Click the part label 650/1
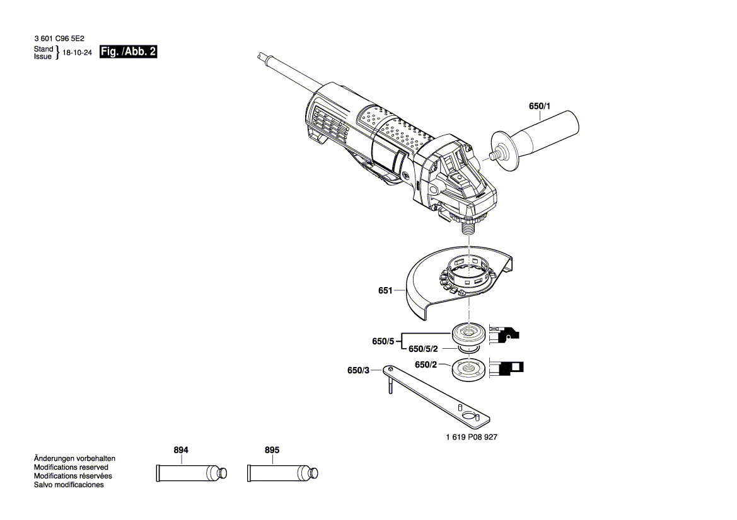(539, 107)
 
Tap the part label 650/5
(383, 341)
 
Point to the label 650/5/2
(424, 349)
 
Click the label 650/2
(426, 365)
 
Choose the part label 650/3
(358, 370)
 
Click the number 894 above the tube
(181, 451)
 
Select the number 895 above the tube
(272, 451)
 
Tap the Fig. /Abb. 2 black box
(128, 52)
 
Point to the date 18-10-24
(78, 54)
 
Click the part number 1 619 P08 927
(471, 437)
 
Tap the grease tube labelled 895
(281, 472)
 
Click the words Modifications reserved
(71, 468)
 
